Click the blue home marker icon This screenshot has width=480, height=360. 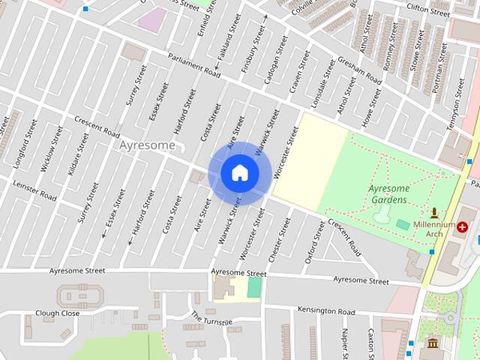(x=239, y=173)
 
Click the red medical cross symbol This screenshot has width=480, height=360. (x=462, y=226)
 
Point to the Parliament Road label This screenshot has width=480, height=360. (x=193, y=66)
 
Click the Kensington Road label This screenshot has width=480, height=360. (x=325, y=310)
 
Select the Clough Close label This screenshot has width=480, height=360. (x=57, y=313)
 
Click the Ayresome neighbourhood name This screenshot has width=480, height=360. (x=148, y=145)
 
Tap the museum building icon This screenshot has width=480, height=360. (x=433, y=343)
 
